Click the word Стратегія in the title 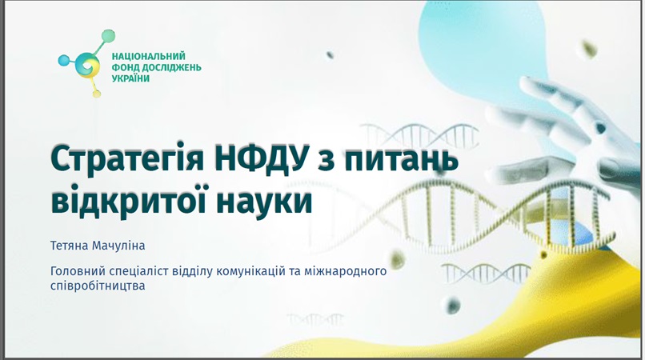(x=127, y=158)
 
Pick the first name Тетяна (x=69, y=246)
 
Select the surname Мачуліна (x=118, y=246)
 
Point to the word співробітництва (x=98, y=286)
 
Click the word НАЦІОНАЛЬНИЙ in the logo (x=149, y=56)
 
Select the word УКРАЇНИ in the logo (x=130, y=78)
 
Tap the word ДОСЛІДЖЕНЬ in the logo (x=171, y=67)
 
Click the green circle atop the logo (x=108, y=36)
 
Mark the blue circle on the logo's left (x=64, y=61)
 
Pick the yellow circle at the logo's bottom (x=97, y=94)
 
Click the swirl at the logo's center (x=88, y=66)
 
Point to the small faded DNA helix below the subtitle (x=315, y=319)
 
